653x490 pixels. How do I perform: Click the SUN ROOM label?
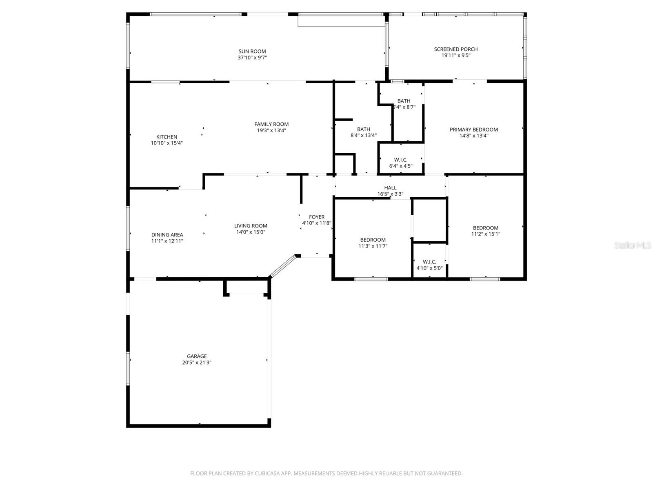click(x=252, y=51)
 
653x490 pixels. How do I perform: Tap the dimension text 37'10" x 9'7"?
click(x=252, y=58)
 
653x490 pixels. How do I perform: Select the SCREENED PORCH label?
click(x=455, y=49)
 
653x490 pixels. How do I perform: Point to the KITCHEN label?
click(x=167, y=137)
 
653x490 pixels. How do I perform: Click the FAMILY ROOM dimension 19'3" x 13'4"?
click(x=271, y=131)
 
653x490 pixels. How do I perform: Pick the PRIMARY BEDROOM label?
click(x=473, y=129)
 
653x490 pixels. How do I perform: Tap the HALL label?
click(x=390, y=188)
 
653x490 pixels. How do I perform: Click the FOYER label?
click(x=317, y=217)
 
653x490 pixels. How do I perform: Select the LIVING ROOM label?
click(x=251, y=226)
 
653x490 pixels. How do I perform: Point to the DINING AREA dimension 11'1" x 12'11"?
click(x=167, y=241)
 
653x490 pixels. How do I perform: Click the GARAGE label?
click(x=197, y=356)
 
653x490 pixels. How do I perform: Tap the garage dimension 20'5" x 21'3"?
click(x=197, y=363)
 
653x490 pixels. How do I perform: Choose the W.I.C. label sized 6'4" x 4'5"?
click(x=401, y=160)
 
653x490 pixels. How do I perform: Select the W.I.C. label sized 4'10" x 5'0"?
click(x=429, y=262)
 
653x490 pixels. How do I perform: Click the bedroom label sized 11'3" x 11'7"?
click(x=373, y=240)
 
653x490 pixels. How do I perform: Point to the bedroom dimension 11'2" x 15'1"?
click(x=486, y=234)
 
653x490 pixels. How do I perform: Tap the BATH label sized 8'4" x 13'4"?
click(x=363, y=129)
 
